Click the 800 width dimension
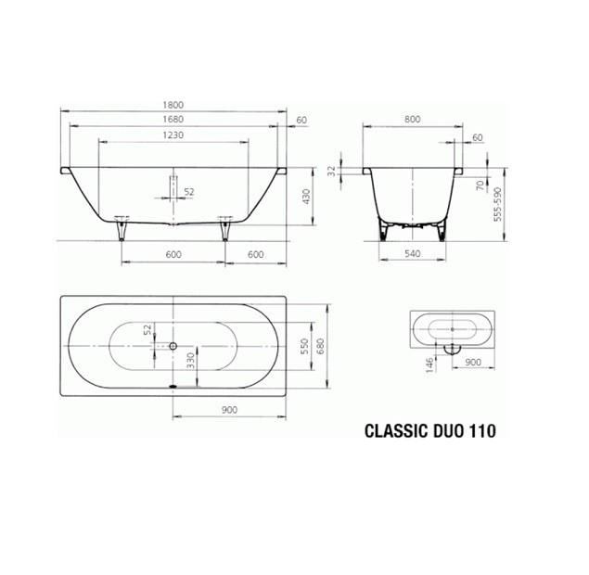click(412, 120)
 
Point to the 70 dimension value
click(481, 185)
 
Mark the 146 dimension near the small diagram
click(429, 364)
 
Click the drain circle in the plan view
click(173, 345)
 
